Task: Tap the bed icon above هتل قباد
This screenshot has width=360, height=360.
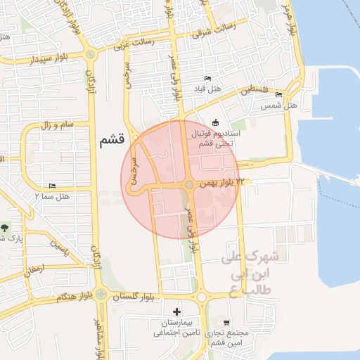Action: click(207, 78)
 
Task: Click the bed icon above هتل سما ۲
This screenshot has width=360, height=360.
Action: click(51, 186)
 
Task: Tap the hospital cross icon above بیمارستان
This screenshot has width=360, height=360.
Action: click(176, 311)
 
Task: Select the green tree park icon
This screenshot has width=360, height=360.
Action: click(6, 227)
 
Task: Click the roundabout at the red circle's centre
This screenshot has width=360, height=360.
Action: click(189, 184)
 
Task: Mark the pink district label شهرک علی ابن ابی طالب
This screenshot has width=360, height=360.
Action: click(250, 270)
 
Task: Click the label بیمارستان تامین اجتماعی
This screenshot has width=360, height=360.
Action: click(176, 326)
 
